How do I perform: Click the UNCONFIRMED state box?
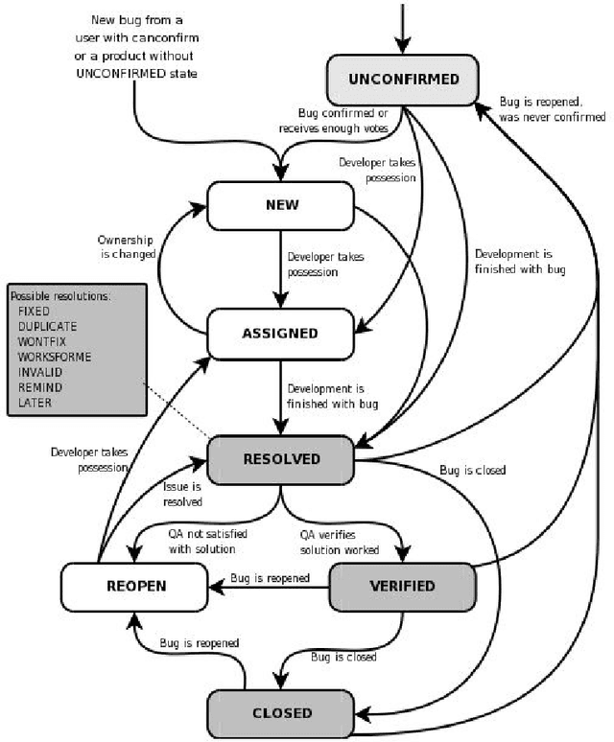(404, 79)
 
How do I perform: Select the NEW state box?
(281, 205)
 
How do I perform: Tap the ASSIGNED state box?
(281, 333)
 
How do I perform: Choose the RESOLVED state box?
(281, 459)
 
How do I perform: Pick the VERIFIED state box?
(403, 586)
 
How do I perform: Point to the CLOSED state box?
(281, 712)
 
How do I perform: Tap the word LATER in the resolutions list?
(36, 404)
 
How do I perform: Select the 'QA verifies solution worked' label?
(338, 543)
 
